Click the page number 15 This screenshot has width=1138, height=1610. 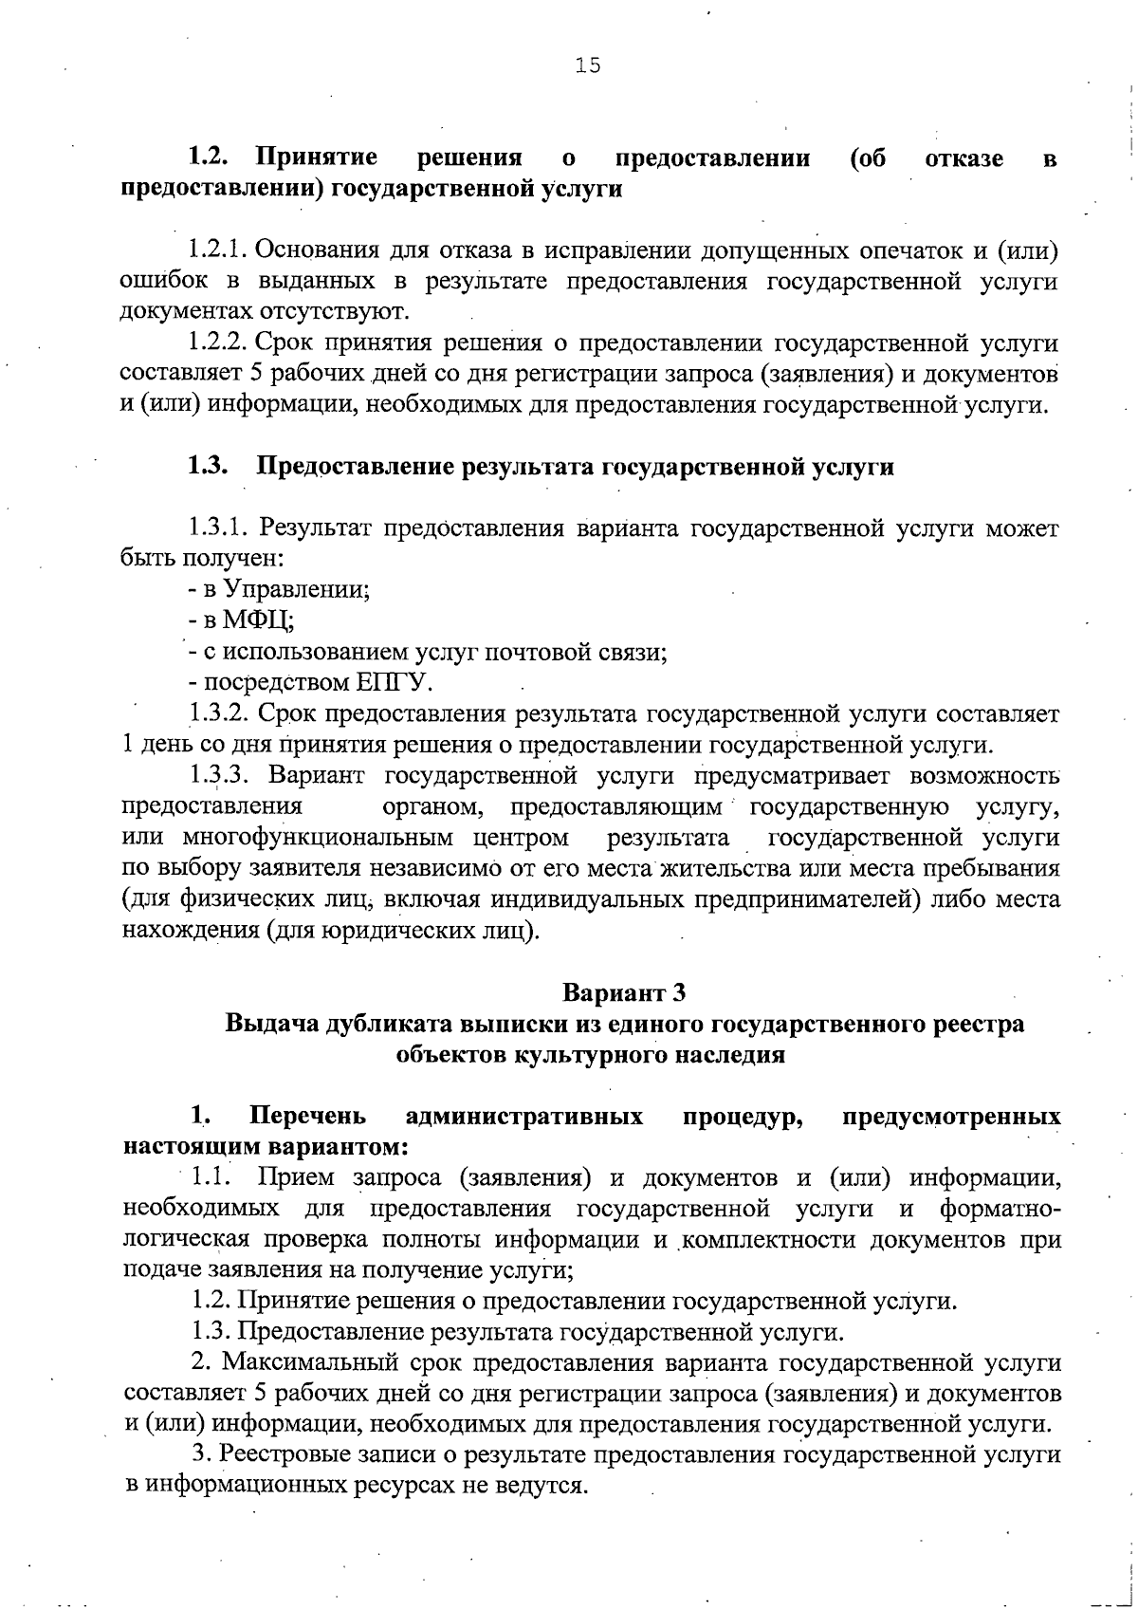point(588,65)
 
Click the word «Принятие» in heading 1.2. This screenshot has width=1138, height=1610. point(317,157)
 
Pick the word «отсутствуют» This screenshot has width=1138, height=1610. point(335,311)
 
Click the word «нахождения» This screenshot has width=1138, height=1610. point(191,930)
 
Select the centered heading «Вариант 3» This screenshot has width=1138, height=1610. point(623,993)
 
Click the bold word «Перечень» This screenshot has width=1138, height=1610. point(307,1116)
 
